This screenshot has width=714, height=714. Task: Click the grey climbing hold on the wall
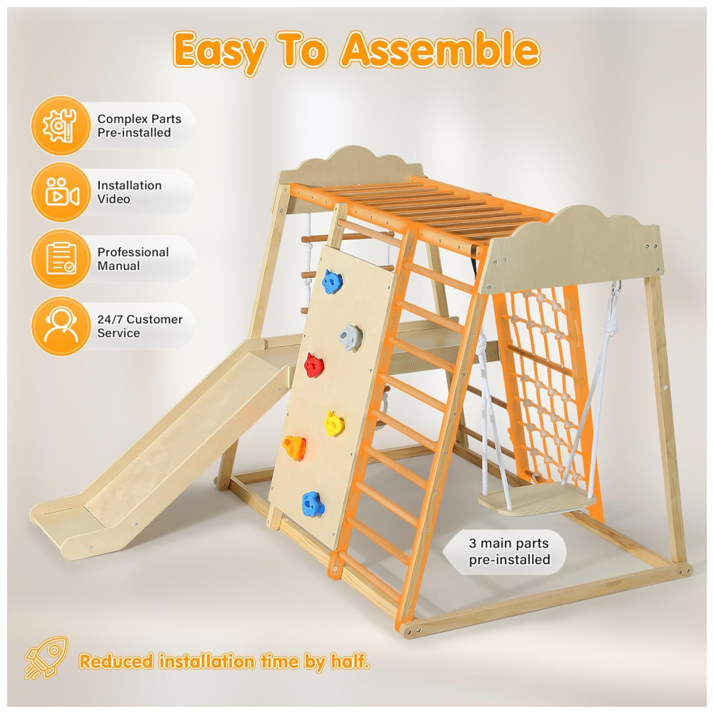pos(350,338)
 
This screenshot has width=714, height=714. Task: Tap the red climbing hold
pos(313,365)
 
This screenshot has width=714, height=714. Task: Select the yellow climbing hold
pos(334,423)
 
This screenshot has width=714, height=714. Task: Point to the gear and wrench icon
pos(61,125)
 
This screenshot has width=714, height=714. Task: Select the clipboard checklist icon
pos(61,258)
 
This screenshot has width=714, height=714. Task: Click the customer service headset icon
pos(61,325)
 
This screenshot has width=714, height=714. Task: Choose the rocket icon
pos(46,657)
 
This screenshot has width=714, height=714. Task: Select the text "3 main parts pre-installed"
pos(509,551)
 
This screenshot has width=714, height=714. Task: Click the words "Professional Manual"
pos(133,258)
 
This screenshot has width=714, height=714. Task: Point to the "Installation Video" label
pos(129,191)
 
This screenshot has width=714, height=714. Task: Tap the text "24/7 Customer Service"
pos(140,326)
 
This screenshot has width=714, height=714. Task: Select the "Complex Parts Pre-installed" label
pos(139,125)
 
